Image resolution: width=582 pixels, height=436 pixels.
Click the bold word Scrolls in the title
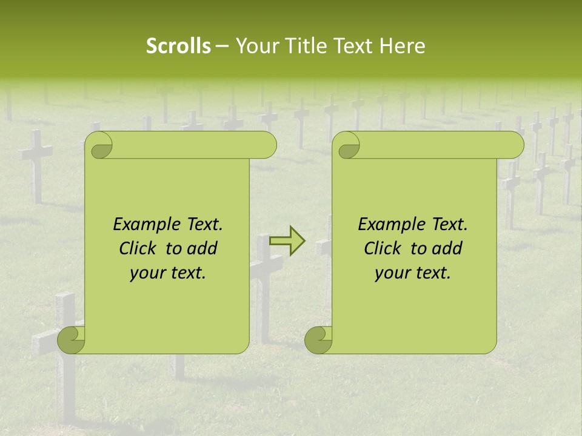click(x=179, y=46)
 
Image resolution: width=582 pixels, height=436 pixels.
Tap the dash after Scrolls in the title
click(x=222, y=47)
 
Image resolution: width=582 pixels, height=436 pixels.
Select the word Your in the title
click(x=255, y=46)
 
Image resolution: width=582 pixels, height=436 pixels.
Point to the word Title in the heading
click(x=301, y=46)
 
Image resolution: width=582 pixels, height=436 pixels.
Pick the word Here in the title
click(x=403, y=46)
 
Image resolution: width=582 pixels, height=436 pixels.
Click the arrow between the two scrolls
click(x=287, y=241)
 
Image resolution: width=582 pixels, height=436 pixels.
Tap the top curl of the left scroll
click(x=99, y=146)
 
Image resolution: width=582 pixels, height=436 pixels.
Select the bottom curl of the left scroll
click(x=70, y=340)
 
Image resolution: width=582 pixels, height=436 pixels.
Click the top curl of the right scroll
click(x=346, y=146)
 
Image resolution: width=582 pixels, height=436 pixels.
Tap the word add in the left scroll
click(x=202, y=248)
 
